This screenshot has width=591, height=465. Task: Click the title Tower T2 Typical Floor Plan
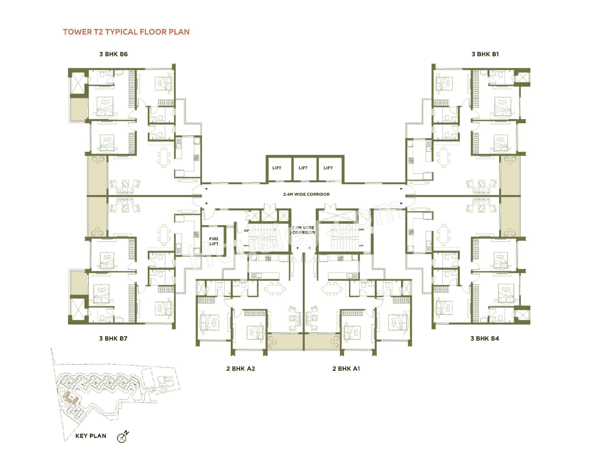(126, 32)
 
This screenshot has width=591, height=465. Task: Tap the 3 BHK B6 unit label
(113, 54)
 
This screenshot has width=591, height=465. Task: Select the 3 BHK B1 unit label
(485, 54)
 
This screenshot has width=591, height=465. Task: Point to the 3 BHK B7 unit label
(113, 338)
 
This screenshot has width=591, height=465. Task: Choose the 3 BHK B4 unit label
(484, 338)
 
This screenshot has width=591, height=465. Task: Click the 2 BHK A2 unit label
(240, 368)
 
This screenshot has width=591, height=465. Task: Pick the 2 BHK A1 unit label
(346, 368)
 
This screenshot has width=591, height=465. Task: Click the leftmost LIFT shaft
(277, 168)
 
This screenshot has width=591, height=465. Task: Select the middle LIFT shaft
(303, 168)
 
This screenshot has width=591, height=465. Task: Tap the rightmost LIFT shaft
(328, 168)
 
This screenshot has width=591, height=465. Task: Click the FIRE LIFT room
(213, 241)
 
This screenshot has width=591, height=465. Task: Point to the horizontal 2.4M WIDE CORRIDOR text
(306, 194)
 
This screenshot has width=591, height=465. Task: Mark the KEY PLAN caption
(90, 436)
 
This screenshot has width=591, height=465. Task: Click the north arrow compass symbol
(122, 437)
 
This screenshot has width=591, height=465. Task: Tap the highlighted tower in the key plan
(69, 396)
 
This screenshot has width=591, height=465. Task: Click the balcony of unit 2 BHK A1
(322, 342)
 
